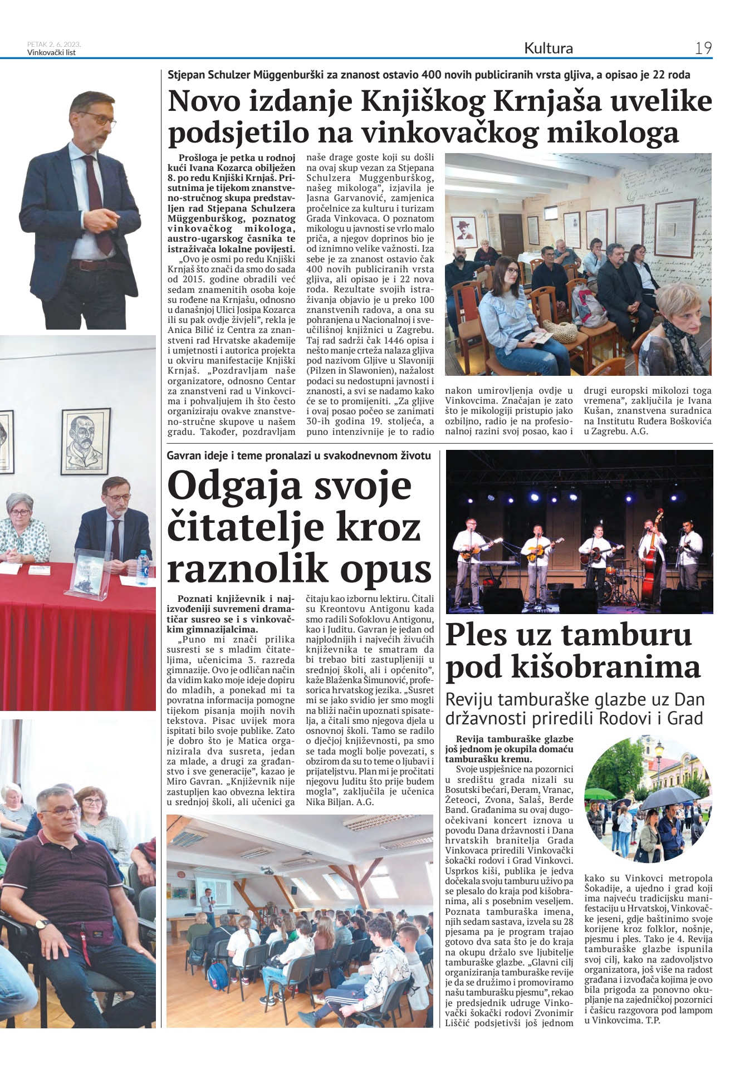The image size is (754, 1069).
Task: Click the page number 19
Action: click(x=703, y=48)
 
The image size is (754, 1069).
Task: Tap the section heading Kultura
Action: click(x=548, y=48)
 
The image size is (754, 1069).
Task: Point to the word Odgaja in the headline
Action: click(x=234, y=486)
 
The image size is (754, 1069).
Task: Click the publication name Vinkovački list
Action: click(x=51, y=53)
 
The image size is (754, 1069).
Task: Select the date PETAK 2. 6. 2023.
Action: click(x=54, y=45)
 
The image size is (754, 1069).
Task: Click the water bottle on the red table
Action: click(x=143, y=567)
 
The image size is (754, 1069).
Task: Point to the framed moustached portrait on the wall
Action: click(x=85, y=442)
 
